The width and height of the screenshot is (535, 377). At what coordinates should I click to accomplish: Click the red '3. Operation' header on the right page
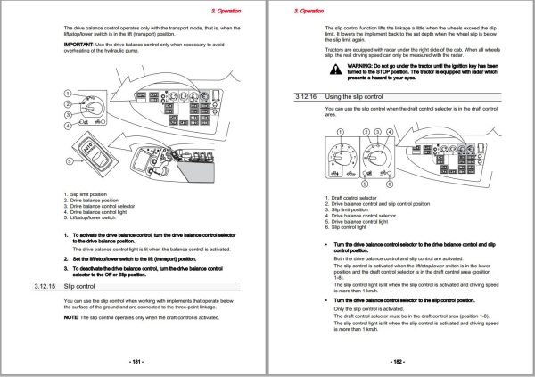click(308, 10)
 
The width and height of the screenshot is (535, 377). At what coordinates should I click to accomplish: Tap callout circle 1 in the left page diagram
click(68, 94)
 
